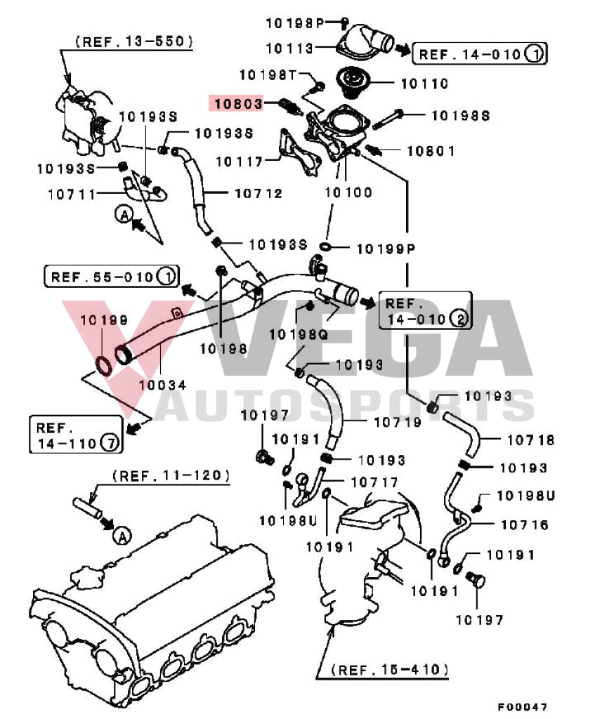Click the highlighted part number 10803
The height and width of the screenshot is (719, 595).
coord(238,104)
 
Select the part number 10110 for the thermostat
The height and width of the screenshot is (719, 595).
coord(424,83)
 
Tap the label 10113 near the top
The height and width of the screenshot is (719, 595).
coord(289,48)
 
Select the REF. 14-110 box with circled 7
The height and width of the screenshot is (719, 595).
coord(75,434)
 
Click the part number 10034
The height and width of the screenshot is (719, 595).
coord(162,384)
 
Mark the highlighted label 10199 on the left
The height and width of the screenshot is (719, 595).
coord(103,320)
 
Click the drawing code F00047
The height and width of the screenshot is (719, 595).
coord(523,706)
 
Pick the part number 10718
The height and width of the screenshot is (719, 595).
coord(531,440)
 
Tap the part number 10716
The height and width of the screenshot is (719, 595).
coord(525,525)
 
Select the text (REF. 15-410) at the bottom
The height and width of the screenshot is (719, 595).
coord(390,669)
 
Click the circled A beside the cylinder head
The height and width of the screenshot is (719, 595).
coord(122,537)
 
